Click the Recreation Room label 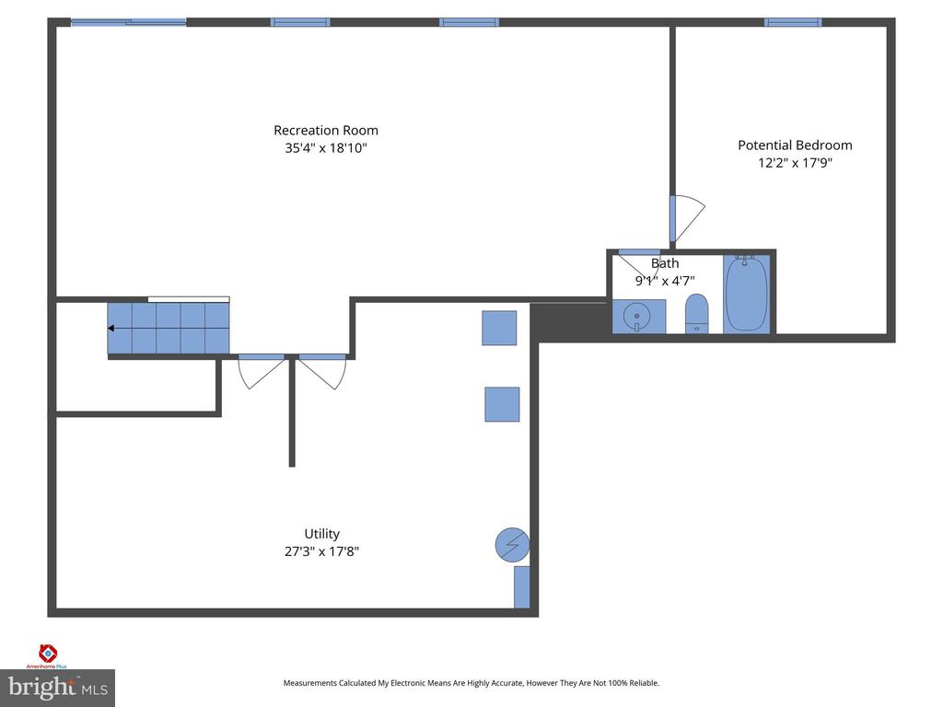pos(325,130)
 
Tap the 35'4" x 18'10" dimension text pos(325,148)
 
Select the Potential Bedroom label pos(795,145)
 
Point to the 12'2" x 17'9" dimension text pos(795,163)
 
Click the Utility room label pos(321,534)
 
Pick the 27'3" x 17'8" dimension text pos(321,552)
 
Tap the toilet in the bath pos(697,313)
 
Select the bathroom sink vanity pos(638,317)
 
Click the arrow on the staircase pos(112,329)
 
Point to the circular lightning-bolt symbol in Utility pos(512,545)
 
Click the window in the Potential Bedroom pos(792,22)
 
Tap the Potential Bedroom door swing pos(686,218)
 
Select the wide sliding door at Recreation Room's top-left pos(128,22)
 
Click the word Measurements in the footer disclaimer pos(313,683)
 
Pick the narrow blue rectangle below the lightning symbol pos(521,587)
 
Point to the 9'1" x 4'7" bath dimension pos(664,281)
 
